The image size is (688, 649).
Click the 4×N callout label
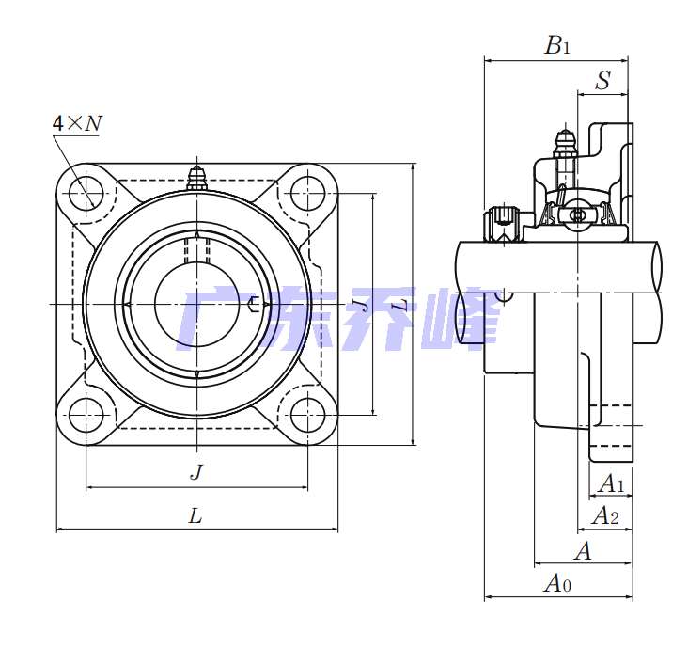click(77, 123)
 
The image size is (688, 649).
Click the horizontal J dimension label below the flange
click(195, 471)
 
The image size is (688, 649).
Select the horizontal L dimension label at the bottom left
click(195, 514)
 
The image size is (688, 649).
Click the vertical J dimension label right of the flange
click(359, 304)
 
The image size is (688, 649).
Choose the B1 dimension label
click(557, 44)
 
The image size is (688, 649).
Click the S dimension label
click(602, 81)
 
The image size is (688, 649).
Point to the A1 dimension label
click(612, 483)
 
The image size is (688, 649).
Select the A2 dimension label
click(605, 515)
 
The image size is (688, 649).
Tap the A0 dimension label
click(557, 584)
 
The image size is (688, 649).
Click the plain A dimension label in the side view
click(583, 551)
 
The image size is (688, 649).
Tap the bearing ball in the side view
click(576, 216)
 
